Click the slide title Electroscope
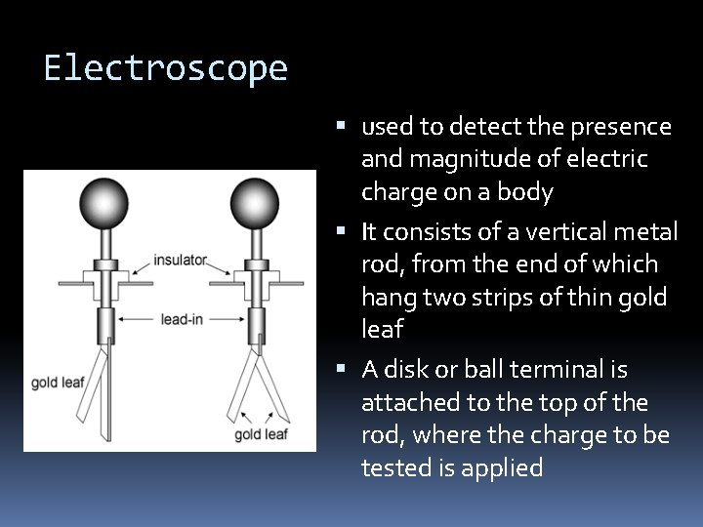(x=165, y=68)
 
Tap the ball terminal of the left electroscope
(x=104, y=203)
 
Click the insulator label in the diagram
(x=180, y=261)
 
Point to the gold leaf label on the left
(x=58, y=382)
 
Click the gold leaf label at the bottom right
(x=261, y=434)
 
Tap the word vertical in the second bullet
(x=555, y=232)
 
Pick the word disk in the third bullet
(x=405, y=370)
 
